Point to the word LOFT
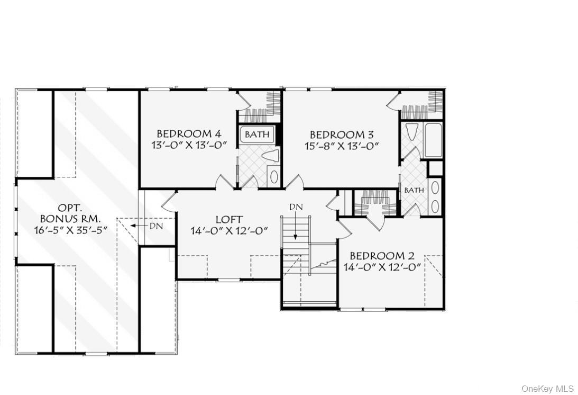[229, 219]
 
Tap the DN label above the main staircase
[296, 207]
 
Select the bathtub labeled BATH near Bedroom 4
[257, 134]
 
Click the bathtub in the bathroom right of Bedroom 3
[433, 140]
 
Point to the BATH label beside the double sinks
[414, 190]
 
